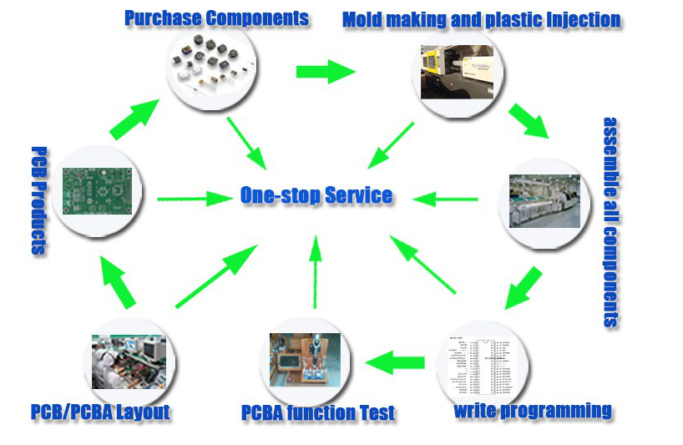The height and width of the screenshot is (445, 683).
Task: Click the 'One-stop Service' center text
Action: click(316, 196)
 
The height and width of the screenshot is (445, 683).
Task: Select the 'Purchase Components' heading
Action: click(216, 18)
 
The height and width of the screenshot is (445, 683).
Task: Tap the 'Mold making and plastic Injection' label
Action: click(482, 19)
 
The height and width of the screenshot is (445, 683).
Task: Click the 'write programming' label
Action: click(532, 410)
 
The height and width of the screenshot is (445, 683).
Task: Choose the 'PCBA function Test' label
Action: click(317, 412)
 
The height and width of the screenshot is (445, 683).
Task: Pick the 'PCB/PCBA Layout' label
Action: click(100, 412)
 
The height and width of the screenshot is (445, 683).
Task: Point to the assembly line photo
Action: click(544, 201)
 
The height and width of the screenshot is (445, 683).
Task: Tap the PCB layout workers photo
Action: click(129, 362)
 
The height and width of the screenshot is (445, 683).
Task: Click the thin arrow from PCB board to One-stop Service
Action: click(195, 199)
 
